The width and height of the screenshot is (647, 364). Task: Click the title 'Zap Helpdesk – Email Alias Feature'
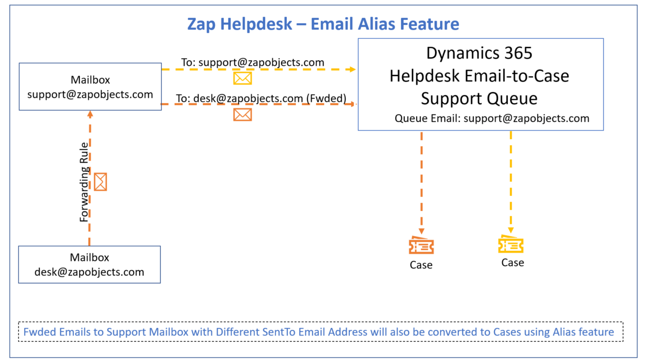coord(323,24)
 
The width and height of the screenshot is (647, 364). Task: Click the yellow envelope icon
coord(243,78)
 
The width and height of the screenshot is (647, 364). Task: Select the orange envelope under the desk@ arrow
coord(243,115)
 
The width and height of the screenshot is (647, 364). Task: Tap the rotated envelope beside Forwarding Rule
coord(100,182)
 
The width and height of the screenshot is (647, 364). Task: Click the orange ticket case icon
coord(422,245)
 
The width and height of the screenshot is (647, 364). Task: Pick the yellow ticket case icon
coord(511,244)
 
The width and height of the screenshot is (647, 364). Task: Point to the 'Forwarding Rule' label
coord(84,182)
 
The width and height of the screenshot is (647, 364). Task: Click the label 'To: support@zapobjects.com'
coord(253,63)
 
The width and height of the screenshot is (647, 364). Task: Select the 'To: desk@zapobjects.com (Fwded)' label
coord(261,99)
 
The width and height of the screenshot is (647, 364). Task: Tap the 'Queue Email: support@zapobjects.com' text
coord(492,119)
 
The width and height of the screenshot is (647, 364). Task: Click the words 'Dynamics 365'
coord(479,53)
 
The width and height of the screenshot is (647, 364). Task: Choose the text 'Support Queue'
coord(479,99)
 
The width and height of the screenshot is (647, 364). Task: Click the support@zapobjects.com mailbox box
coord(90,87)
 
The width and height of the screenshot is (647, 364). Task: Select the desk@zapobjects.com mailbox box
coord(90,265)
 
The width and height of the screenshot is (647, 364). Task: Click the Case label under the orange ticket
coord(421,265)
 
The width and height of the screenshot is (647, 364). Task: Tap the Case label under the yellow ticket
coord(513,263)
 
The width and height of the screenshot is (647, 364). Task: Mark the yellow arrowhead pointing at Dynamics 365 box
coord(353,70)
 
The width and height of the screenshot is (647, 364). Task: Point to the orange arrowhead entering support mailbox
coord(90,114)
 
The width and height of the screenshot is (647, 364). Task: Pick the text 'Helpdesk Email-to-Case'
coord(479,76)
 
